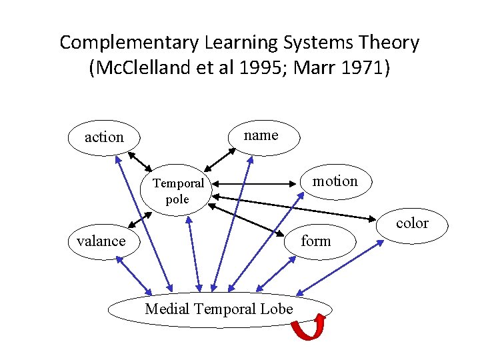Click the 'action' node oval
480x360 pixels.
click(x=104, y=137)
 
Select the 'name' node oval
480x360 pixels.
click(x=261, y=135)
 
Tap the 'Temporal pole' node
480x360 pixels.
click(x=177, y=191)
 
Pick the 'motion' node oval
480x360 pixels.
click(x=335, y=181)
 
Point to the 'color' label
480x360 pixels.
click(x=412, y=223)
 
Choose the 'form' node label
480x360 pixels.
click(x=315, y=241)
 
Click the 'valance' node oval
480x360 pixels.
click(x=101, y=241)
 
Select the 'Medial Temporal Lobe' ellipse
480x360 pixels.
click(x=219, y=309)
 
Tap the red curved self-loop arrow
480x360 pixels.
click(x=309, y=328)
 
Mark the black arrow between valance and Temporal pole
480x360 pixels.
click(x=138, y=220)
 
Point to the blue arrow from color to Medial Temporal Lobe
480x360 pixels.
click(x=341, y=267)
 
